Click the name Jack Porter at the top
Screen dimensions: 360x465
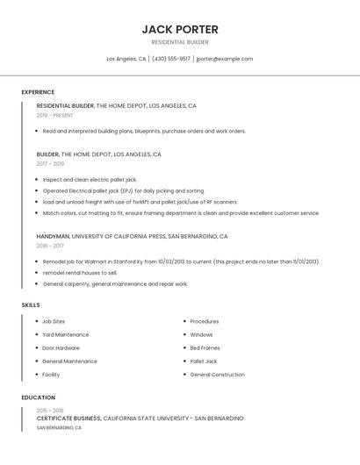180,29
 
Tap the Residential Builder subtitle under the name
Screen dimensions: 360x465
180,42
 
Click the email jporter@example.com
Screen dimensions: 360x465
224,59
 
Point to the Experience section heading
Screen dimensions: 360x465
38,92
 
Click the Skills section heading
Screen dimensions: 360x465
31,304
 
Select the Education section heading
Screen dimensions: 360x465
38,397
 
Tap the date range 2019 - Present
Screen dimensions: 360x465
55,115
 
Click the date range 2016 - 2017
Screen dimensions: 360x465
50,246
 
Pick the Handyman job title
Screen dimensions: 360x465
53,236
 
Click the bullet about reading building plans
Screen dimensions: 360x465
144,131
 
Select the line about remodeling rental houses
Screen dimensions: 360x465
79,273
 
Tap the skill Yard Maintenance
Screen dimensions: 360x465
65,334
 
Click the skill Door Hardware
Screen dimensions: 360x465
61,347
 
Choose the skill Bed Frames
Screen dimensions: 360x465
205,347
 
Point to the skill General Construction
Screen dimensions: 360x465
217,375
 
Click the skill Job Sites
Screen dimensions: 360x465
54,321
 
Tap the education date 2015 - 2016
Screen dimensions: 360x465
50,410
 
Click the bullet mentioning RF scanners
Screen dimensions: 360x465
140,202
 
